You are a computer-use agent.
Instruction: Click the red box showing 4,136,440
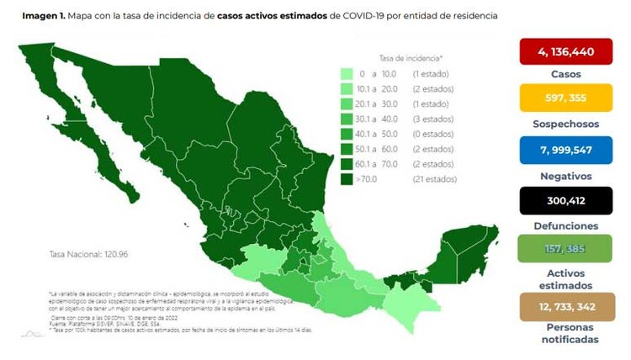pos(559,52)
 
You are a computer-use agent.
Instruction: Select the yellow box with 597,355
pos(559,102)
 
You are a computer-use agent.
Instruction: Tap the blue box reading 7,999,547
pos(559,152)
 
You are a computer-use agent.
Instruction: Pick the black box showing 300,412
pos(559,202)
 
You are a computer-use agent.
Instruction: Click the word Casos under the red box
pos(559,74)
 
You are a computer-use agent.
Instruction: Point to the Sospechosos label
pos(559,124)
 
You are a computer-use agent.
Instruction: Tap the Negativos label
pos(559,176)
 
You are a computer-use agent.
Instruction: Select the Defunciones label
pos(559,226)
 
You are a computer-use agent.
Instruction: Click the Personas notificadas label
pos(559,333)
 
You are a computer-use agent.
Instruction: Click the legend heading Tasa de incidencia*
pos(410,58)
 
